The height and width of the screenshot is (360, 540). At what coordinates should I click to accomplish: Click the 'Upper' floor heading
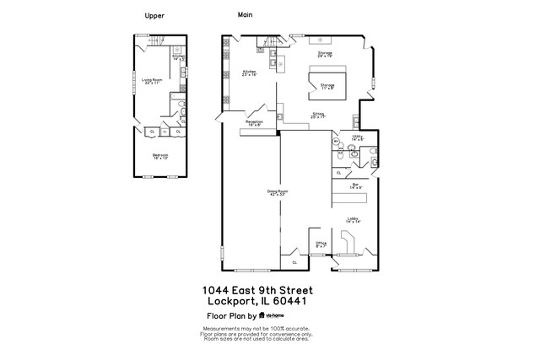pyautogui.click(x=154, y=15)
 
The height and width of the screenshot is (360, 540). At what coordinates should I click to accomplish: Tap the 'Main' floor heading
pyautogui.click(x=246, y=14)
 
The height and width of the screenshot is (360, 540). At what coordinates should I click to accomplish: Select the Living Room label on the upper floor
pyautogui.click(x=153, y=80)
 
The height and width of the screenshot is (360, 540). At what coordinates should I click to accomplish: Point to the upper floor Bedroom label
pyautogui.click(x=160, y=156)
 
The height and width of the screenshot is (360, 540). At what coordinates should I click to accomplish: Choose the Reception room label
pyautogui.click(x=254, y=123)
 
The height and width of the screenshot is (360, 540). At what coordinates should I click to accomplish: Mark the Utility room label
pyautogui.click(x=358, y=137)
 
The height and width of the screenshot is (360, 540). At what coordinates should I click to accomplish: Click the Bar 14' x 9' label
pyautogui.click(x=356, y=185)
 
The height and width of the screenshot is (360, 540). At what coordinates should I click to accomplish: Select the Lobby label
pyautogui.click(x=354, y=219)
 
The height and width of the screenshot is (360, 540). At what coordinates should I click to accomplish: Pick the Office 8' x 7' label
pyautogui.click(x=321, y=244)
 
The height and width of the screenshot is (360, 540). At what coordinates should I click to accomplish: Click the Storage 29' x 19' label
pyautogui.click(x=325, y=54)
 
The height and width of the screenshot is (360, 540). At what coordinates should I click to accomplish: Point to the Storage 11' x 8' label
pyautogui.click(x=327, y=85)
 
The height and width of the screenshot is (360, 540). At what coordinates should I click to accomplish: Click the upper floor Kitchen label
pyautogui.click(x=178, y=56)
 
